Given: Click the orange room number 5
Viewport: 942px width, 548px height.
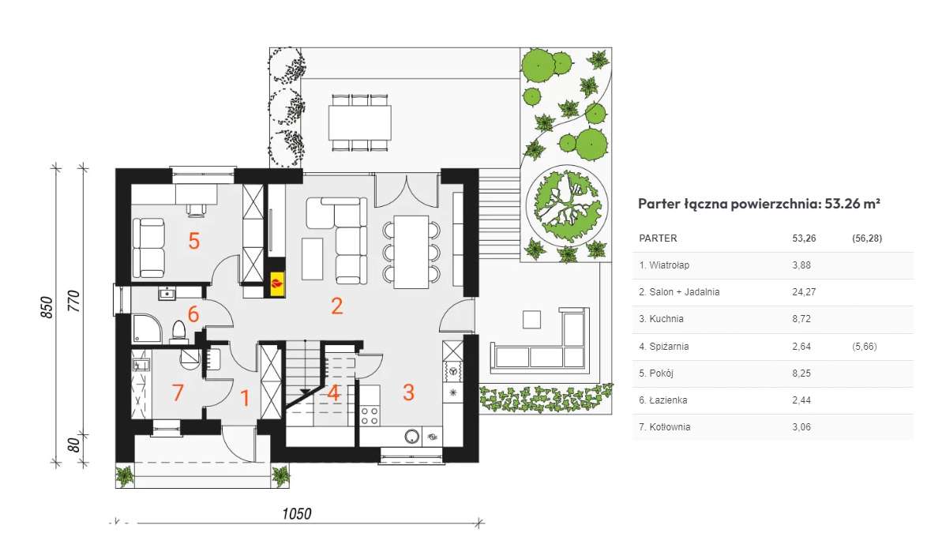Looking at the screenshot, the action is click(193, 241).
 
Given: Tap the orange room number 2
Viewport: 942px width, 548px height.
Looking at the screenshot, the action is click(337, 306).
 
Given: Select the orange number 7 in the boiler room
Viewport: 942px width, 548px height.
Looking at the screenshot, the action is click(178, 392).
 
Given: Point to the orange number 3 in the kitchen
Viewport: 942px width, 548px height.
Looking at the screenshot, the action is click(408, 392).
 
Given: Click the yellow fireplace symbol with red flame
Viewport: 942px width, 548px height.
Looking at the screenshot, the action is click(277, 283).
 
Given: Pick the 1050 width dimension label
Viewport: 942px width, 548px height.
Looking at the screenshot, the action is click(297, 514).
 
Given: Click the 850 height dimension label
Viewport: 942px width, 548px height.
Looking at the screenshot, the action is click(47, 307).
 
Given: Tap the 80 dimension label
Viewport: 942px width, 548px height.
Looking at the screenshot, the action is click(73, 445).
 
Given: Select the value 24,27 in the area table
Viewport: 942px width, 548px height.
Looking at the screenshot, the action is click(801, 292).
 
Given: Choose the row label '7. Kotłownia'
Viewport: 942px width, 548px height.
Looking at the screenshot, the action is click(665, 427).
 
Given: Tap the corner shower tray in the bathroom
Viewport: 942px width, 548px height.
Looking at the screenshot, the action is click(146, 328).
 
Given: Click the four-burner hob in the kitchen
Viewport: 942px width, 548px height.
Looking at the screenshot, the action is click(370, 416).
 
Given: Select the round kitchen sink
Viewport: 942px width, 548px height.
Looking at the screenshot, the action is click(412, 436).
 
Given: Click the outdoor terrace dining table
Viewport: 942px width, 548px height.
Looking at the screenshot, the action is click(360, 123).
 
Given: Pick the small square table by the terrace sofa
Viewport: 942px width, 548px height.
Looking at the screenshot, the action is click(531, 319).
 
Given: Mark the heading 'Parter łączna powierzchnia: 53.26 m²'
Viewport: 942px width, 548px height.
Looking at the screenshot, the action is click(759, 204).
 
